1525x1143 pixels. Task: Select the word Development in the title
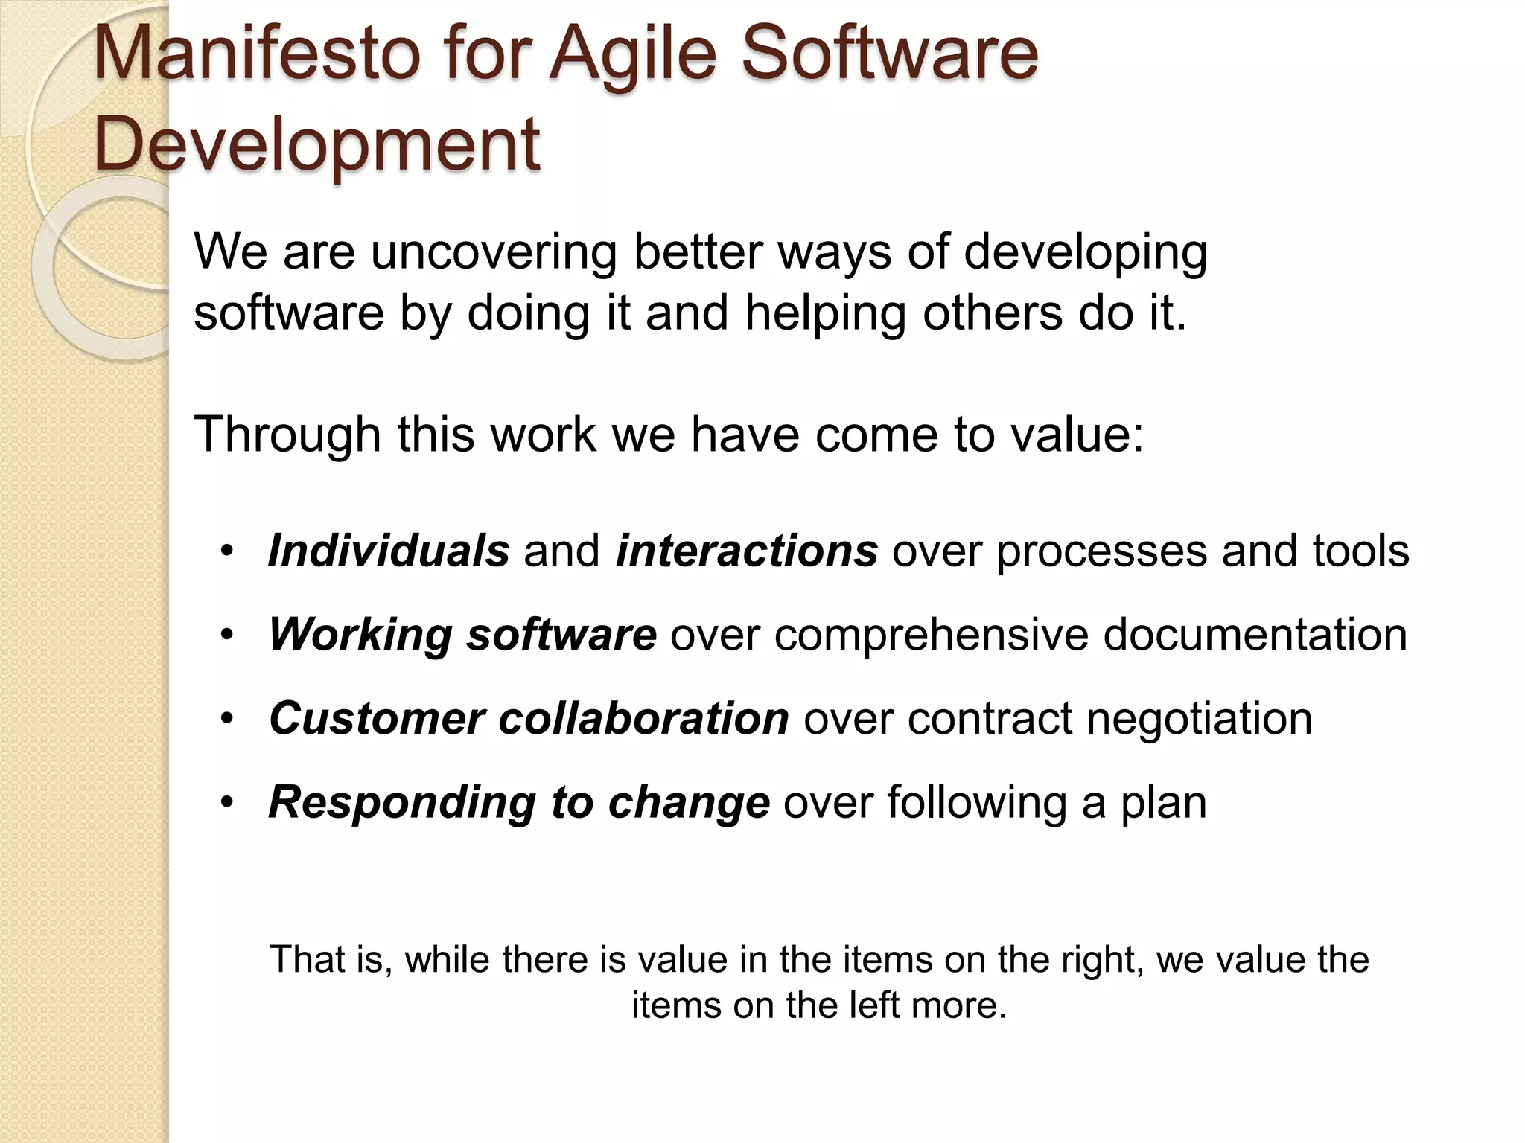(x=316, y=143)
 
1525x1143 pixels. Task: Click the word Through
(x=287, y=435)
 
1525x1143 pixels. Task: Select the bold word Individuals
(x=389, y=551)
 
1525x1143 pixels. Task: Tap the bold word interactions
(x=746, y=551)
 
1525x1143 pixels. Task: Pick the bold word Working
(x=360, y=635)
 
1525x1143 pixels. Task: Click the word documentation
(x=1255, y=635)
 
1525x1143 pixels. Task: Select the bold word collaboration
(x=643, y=718)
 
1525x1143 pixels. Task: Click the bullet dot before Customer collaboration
(x=227, y=719)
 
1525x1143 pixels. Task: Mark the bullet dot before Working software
(x=227, y=635)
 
